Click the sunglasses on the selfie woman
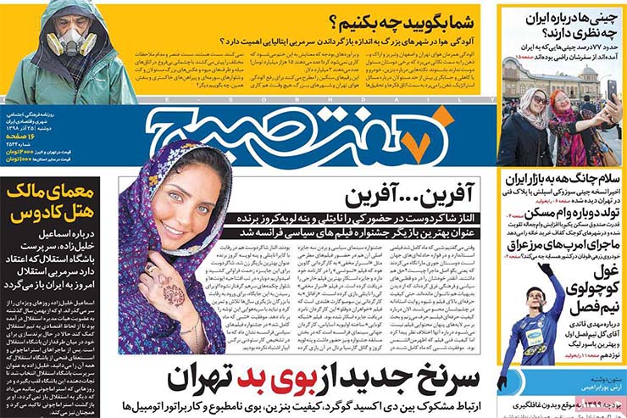pos(540,101)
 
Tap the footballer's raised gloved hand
pos(546,270)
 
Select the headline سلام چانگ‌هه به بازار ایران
pos(564,181)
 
